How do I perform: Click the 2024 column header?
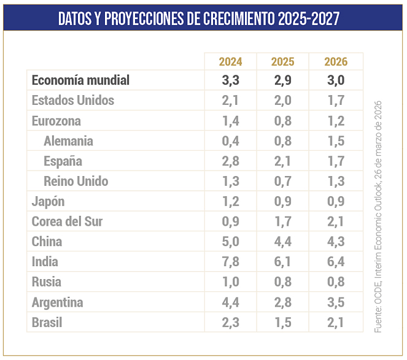(x=230, y=61)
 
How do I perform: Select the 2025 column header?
(x=282, y=61)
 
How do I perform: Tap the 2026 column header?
(x=336, y=61)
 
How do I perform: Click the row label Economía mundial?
(x=80, y=80)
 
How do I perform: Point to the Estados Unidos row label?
(x=73, y=100)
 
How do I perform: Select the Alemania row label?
(x=68, y=140)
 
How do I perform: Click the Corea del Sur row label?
(x=67, y=221)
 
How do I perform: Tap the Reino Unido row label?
(x=76, y=181)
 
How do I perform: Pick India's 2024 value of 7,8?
(x=230, y=262)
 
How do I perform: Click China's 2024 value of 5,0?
(x=230, y=242)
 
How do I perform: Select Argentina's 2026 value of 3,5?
(x=336, y=302)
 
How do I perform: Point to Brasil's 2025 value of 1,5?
(x=282, y=323)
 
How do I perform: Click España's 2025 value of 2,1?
(x=282, y=161)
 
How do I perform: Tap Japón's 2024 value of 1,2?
(x=230, y=201)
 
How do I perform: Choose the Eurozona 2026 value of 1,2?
(x=336, y=120)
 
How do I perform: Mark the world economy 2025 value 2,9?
(x=282, y=80)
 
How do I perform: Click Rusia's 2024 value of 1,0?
(x=230, y=282)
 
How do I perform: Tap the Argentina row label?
(x=57, y=302)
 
